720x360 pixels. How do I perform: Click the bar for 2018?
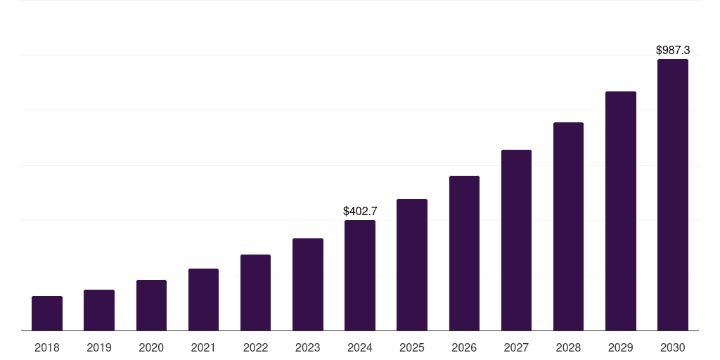tap(47, 314)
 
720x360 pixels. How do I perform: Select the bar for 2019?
tap(99, 310)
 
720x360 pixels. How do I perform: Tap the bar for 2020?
tap(151, 305)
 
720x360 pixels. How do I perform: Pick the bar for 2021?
tap(203, 300)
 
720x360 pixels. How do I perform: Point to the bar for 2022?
tap(255, 292)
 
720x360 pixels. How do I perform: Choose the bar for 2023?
tap(308, 285)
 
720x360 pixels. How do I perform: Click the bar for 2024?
tap(360, 276)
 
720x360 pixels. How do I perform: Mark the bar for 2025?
tap(412, 265)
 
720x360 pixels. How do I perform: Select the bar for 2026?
tap(464, 253)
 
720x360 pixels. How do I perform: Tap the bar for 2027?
tap(516, 240)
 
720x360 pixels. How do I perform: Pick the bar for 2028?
tap(568, 226)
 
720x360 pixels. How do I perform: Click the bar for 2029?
tap(620, 211)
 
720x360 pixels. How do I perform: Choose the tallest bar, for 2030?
tap(673, 195)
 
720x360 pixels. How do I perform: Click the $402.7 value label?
tap(360, 211)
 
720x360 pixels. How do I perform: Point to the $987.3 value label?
tap(673, 50)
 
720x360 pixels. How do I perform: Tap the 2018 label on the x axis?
tap(47, 347)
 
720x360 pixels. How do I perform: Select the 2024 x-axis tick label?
tap(360, 347)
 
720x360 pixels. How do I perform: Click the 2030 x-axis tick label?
tap(673, 347)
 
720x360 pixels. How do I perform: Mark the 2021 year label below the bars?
tap(203, 347)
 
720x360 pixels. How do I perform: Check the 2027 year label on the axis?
tap(516, 347)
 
